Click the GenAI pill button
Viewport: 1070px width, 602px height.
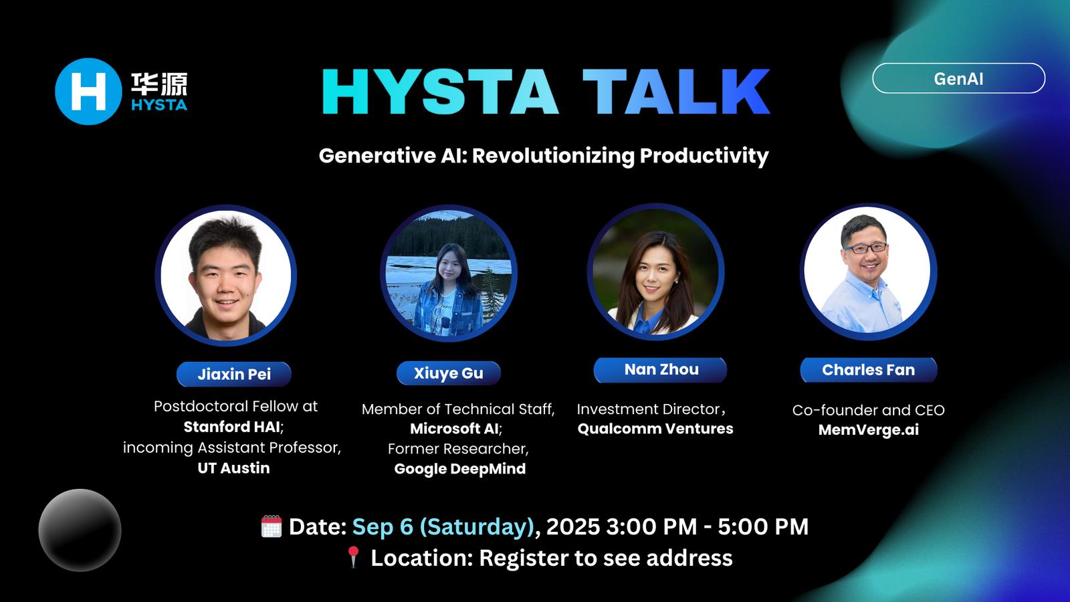[958, 78]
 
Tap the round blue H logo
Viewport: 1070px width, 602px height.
[88, 91]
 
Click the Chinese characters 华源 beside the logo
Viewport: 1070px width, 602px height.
[159, 84]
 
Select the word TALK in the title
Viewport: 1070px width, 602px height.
[676, 91]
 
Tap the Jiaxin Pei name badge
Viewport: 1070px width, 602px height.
[233, 374]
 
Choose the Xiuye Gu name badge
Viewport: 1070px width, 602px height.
[449, 373]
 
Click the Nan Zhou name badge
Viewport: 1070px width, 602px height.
[661, 370]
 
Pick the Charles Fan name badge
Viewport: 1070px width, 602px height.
[869, 370]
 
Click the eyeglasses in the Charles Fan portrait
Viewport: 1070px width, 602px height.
[865, 248]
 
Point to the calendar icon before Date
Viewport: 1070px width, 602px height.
[272, 526]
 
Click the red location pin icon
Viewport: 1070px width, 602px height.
[354, 557]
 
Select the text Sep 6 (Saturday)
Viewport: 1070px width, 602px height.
[443, 527]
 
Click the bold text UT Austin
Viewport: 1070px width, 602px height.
[233, 468]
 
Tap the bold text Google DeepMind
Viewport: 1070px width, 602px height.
[459, 469]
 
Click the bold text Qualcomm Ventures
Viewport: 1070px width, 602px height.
[655, 429]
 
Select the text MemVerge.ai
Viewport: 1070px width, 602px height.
[869, 429]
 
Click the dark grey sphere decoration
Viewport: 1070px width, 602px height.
[80, 530]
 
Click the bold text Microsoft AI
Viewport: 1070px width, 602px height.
[455, 429]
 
